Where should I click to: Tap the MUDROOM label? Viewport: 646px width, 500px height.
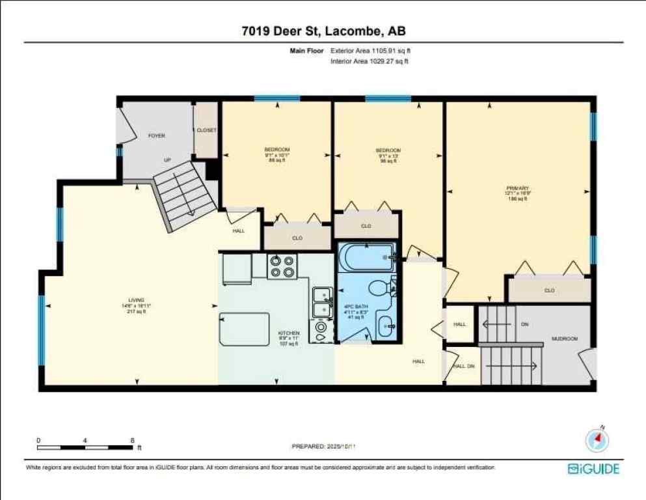pos(564,339)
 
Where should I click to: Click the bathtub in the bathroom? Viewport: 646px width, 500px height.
pos(366,257)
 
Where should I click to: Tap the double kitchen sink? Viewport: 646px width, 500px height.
pos(320,303)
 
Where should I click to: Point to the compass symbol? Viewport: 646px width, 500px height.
pos(596,440)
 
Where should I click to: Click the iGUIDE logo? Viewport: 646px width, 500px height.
pos(593,469)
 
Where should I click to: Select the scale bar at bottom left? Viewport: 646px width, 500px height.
pos(85,447)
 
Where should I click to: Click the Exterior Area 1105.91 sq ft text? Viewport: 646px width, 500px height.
pos(371,50)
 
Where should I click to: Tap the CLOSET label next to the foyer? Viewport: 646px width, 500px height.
pos(207,130)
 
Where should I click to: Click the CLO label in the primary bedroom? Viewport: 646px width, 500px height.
pos(549,290)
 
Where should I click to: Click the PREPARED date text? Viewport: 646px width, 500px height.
pos(325,447)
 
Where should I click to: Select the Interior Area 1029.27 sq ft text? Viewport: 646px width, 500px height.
pos(370,61)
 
